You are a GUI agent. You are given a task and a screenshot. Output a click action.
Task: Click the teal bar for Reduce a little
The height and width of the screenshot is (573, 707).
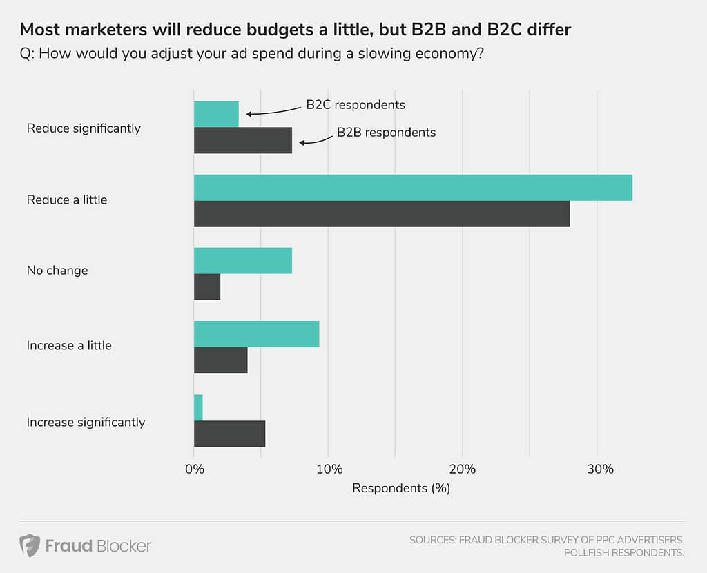tap(413, 188)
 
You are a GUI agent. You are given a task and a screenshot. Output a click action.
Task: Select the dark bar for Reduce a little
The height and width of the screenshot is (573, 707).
tap(382, 214)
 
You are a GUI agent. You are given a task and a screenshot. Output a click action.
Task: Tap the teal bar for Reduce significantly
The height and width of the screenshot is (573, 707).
tap(216, 114)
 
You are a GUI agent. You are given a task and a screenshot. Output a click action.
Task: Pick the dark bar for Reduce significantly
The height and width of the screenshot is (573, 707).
tap(243, 140)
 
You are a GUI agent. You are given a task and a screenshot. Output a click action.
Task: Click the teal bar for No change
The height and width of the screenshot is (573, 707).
tap(243, 260)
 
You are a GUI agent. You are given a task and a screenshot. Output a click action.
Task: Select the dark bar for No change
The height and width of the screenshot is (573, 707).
tap(207, 286)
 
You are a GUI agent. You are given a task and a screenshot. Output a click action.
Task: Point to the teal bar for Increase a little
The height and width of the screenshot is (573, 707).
tap(256, 334)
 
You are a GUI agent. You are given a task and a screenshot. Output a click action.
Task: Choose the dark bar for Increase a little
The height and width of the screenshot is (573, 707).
tap(220, 360)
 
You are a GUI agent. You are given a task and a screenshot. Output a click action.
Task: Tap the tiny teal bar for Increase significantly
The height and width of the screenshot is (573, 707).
tap(198, 407)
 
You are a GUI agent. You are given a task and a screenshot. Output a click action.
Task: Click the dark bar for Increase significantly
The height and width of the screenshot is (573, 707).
tap(229, 434)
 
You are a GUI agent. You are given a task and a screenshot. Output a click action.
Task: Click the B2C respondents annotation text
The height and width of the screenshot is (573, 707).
tap(356, 105)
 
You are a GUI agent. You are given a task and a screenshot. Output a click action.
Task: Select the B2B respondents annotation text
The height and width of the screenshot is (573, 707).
tap(386, 132)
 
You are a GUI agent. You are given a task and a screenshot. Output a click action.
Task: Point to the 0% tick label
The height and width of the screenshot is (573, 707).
tap(195, 469)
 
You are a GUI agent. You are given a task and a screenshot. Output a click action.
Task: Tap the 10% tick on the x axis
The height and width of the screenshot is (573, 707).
tap(329, 469)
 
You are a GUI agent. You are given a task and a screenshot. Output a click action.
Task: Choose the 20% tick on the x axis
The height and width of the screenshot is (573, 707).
tap(463, 469)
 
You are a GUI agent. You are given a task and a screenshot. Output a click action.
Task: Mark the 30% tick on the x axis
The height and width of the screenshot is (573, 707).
tap(597, 469)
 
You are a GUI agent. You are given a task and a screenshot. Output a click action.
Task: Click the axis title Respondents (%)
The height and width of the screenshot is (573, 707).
tap(401, 488)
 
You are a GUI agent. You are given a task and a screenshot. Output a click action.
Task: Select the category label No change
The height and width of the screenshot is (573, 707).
tap(57, 271)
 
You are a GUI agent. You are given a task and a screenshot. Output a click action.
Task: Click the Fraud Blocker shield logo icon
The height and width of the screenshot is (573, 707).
tap(29, 545)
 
